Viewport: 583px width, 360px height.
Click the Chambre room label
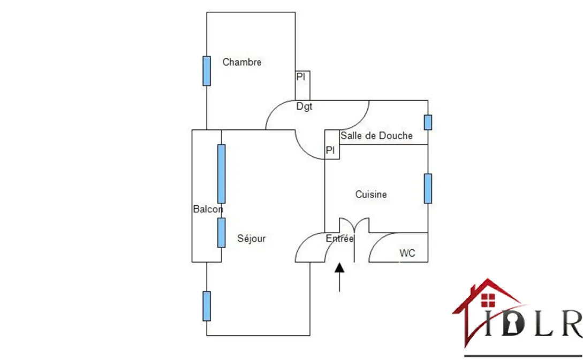(242, 62)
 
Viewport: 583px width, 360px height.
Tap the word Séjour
(252, 239)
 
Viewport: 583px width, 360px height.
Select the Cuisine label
(371, 195)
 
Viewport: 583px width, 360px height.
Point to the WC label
(407, 253)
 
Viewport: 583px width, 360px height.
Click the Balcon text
(208, 209)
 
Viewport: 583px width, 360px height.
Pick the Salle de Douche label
(376, 136)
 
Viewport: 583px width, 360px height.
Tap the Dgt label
(304, 107)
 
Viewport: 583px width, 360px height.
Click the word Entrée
(339, 239)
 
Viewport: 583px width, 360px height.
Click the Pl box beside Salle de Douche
(332, 151)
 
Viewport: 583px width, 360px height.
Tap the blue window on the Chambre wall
(207, 71)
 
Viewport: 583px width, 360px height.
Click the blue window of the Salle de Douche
(428, 122)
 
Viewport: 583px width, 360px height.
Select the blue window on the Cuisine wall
(428, 188)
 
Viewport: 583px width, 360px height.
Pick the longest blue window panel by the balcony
(221, 173)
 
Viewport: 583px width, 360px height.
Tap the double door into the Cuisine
(354, 225)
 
